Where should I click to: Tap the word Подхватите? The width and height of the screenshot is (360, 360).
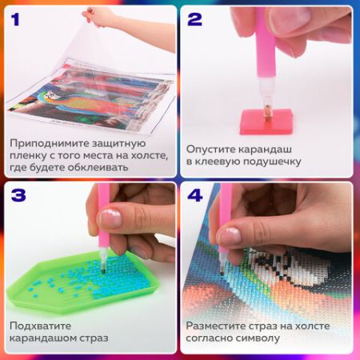pyautogui.click(x=39, y=326)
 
